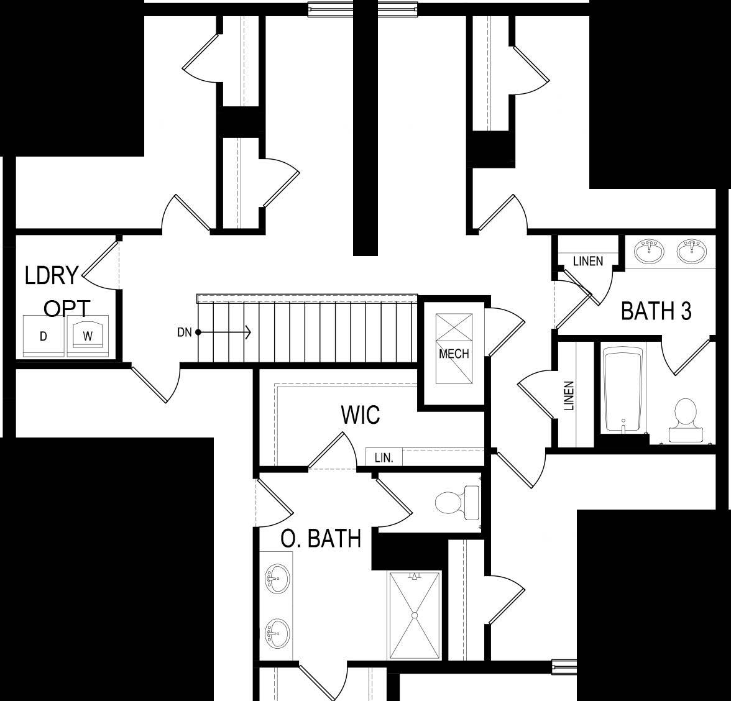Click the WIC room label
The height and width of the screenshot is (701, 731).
[361, 415]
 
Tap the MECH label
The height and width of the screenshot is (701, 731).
[454, 354]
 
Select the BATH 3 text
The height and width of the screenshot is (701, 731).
[656, 311]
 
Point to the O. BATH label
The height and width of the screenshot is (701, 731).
[321, 539]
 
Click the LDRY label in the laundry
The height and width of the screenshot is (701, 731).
[52, 275]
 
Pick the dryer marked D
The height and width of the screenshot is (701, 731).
[44, 336]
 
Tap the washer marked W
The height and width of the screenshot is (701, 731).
[88, 336]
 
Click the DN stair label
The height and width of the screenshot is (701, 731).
[185, 332]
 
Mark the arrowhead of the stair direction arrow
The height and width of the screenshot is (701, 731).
[248, 332]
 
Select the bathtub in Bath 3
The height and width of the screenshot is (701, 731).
[623, 389]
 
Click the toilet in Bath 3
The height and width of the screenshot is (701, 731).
[684, 420]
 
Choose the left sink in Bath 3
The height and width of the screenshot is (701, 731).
[650, 251]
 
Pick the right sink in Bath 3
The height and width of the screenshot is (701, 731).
[692, 251]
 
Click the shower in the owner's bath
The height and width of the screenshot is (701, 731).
[415, 615]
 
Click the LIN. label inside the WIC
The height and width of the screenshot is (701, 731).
[384, 458]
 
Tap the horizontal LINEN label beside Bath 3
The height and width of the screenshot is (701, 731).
[587, 261]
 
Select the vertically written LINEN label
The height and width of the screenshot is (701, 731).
[569, 396]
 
